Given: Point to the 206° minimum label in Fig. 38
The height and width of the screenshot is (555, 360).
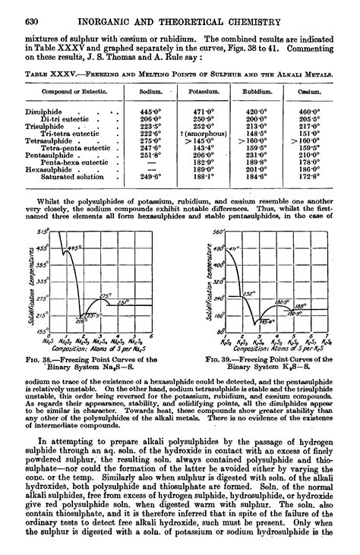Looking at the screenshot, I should pos(82,320).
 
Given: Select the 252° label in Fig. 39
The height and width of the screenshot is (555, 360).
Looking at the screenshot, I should pos(248,292).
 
